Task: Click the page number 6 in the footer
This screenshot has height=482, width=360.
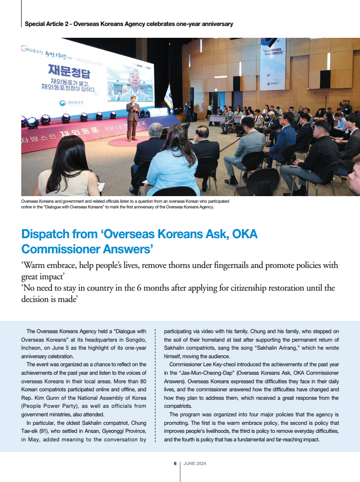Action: click(175, 463)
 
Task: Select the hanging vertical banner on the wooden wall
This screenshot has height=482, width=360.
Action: click(273, 64)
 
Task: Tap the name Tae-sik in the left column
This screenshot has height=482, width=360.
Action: click(32, 431)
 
